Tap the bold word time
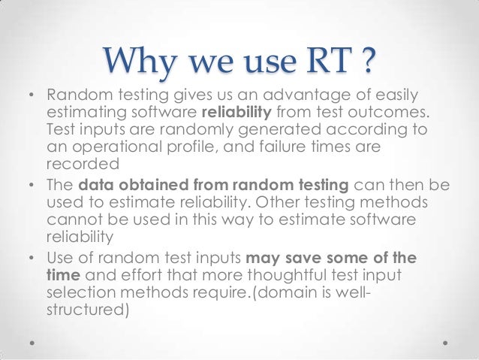(x=63, y=276)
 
